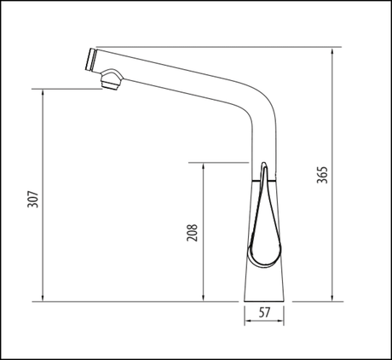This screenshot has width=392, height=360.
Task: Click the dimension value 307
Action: [x=32, y=198]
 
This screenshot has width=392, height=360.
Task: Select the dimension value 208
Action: [x=192, y=232]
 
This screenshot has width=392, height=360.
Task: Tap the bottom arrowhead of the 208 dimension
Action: [x=202, y=298]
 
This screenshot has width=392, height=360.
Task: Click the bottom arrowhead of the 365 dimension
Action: [x=331, y=298]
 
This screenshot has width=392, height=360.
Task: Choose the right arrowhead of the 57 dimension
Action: [x=285, y=322]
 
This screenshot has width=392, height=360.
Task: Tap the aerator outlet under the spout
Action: [x=109, y=82]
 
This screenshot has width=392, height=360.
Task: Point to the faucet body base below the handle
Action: [x=267, y=282]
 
